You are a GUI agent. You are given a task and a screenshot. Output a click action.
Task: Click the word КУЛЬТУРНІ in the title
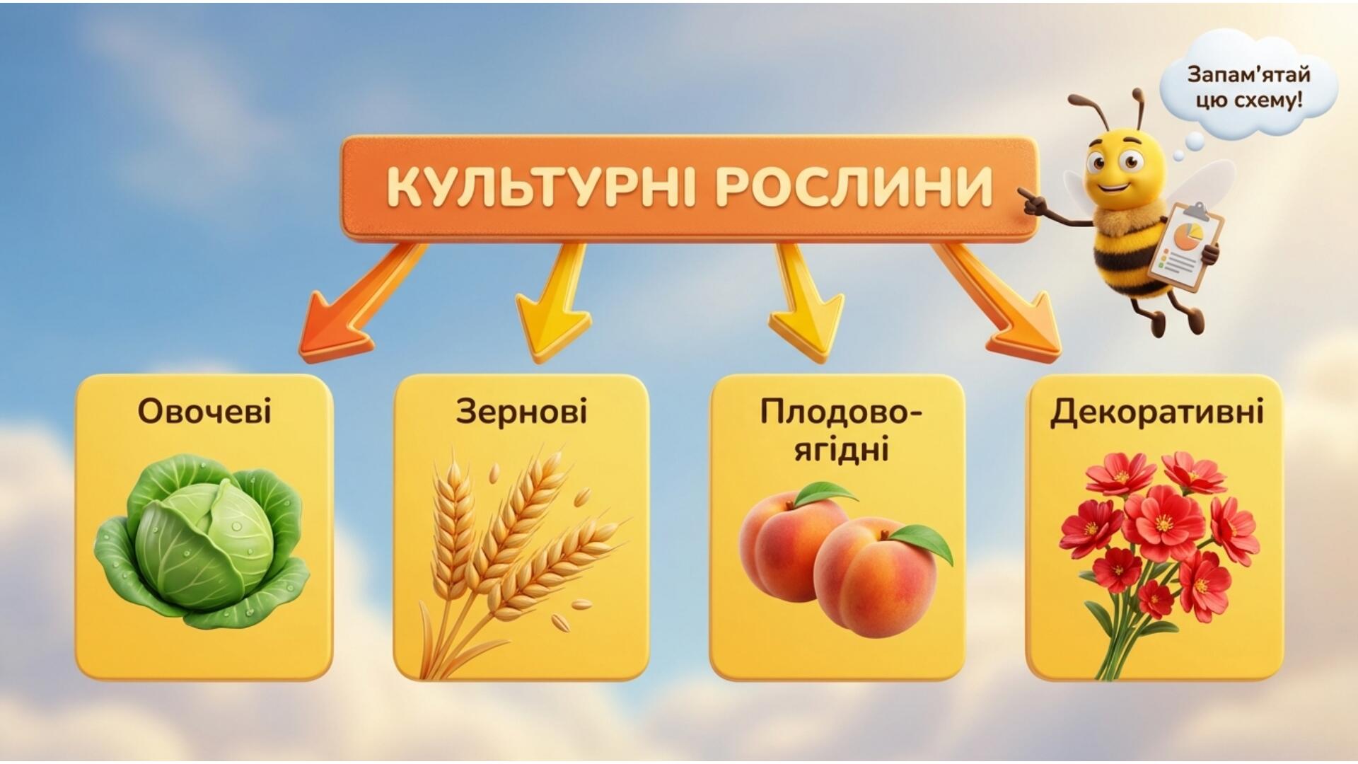click(x=543, y=188)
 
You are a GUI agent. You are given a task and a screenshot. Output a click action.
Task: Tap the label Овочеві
click(x=204, y=410)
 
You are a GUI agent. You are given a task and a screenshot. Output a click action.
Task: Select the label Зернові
click(x=521, y=411)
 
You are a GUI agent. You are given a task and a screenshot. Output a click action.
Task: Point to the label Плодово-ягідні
click(x=840, y=431)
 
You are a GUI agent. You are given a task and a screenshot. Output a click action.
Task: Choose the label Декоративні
click(x=1156, y=412)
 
